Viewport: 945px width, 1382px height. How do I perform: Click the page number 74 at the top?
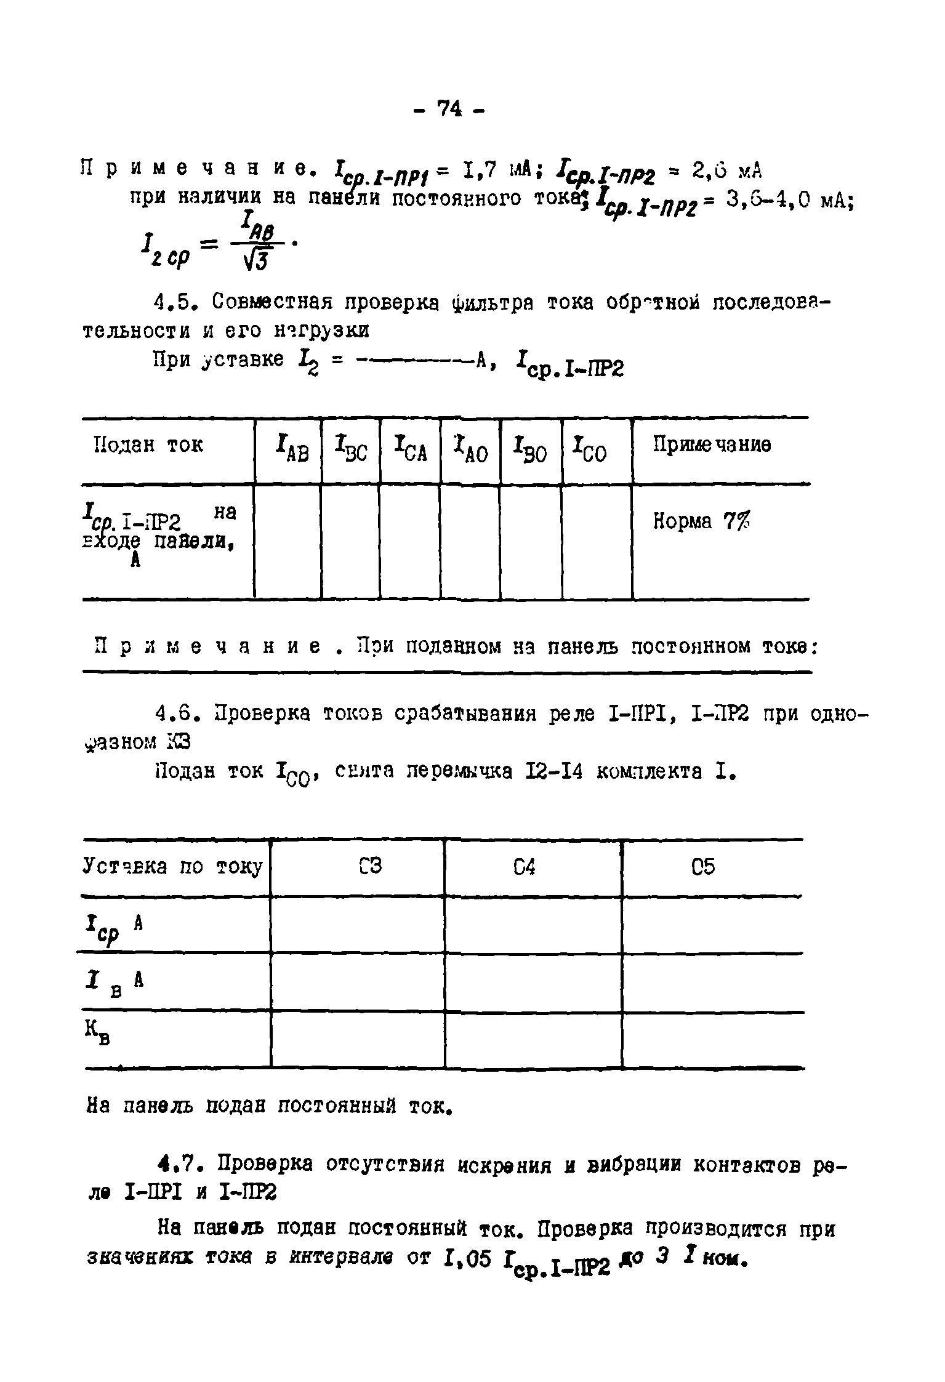coord(449,110)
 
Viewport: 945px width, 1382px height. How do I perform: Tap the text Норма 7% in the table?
coord(701,522)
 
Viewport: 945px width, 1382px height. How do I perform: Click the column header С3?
coord(369,867)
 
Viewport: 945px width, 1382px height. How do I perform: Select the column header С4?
coord(524,867)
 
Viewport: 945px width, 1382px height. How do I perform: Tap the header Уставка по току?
coord(173,867)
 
